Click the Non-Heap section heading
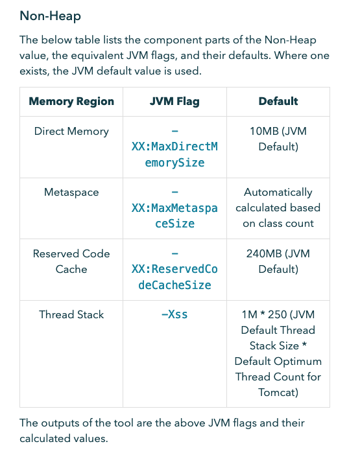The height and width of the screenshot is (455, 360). (x=51, y=15)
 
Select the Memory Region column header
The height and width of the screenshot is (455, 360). (x=71, y=101)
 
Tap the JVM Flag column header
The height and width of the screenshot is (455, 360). (x=174, y=101)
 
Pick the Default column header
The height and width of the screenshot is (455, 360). (x=278, y=101)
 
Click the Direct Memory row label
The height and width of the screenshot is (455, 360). (x=71, y=131)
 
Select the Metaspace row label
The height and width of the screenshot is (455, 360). (x=71, y=192)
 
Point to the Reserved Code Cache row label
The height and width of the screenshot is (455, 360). (x=71, y=261)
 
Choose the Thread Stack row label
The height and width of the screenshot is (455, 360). (x=71, y=314)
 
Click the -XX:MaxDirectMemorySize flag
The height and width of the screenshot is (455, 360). (x=174, y=146)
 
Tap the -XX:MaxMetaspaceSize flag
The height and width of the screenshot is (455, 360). (x=174, y=208)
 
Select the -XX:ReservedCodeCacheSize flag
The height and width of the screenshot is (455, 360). (x=174, y=269)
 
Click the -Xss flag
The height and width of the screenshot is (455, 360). (x=174, y=314)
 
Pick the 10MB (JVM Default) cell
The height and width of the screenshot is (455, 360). (x=278, y=139)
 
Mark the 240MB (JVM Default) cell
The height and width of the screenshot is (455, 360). (x=278, y=261)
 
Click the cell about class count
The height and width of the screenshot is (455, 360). (x=278, y=208)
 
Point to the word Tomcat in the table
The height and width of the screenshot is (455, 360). (x=278, y=392)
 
